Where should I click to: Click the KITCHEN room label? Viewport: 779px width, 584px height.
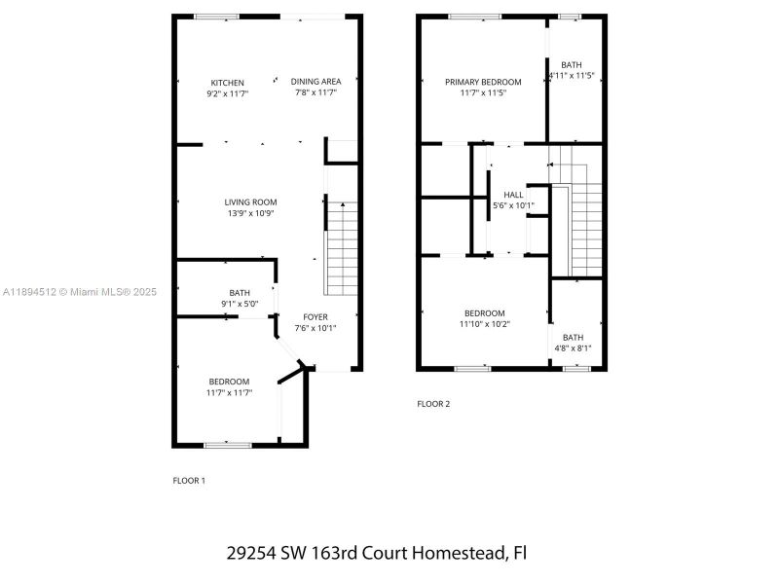coord(228,82)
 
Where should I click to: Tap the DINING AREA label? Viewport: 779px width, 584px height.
coord(315,82)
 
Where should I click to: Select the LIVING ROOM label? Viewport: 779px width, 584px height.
coord(250,201)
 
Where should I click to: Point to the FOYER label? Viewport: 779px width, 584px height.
coord(315,316)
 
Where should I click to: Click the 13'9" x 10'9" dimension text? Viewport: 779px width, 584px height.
coord(250,213)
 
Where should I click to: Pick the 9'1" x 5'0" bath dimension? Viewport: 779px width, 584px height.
coord(240,304)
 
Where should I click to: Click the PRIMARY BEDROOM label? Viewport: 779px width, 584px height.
coord(483,82)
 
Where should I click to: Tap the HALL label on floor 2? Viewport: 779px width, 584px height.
coord(513,195)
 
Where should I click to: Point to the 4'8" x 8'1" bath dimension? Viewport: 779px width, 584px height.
coord(573,348)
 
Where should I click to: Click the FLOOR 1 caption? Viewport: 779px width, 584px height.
coord(189,480)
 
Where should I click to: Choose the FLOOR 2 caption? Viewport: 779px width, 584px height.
coord(433,404)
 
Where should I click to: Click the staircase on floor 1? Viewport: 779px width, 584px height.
coord(341,247)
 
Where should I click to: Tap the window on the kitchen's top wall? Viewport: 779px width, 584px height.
coord(216,17)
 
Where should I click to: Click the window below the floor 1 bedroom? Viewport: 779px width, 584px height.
coord(228,446)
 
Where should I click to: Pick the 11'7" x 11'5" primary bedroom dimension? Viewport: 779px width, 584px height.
coord(483,93)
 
